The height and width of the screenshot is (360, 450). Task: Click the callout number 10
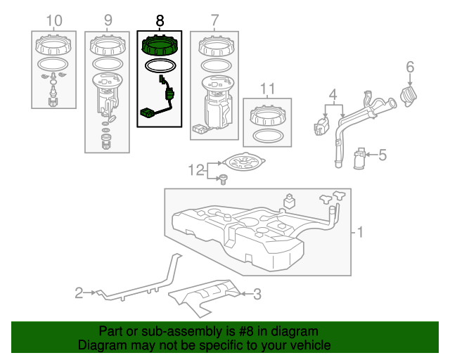click(53, 20)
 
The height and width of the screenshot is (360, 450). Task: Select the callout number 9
click(108, 20)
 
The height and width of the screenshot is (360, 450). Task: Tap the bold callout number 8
click(160, 21)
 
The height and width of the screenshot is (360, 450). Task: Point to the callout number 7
click(214, 20)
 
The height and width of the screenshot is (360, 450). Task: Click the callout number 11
click(267, 89)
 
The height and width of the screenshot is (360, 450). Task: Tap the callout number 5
click(383, 154)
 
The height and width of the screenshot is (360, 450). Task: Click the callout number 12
click(195, 169)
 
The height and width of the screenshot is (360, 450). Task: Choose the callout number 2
click(79, 290)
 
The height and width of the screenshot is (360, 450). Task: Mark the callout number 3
click(257, 294)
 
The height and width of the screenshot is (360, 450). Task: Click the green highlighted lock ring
click(160, 48)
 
